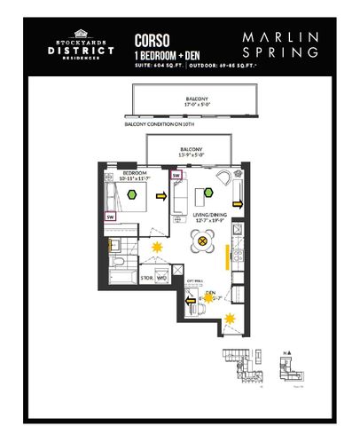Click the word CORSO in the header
click(x=148, y=39)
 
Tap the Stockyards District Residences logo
click(x=82, y=47)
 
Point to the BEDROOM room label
click(x=134, y=171)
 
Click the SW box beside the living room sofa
click(x=176, y=176)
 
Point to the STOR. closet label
click(x=147, y=278)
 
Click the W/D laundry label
click(x=161, y=278)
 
